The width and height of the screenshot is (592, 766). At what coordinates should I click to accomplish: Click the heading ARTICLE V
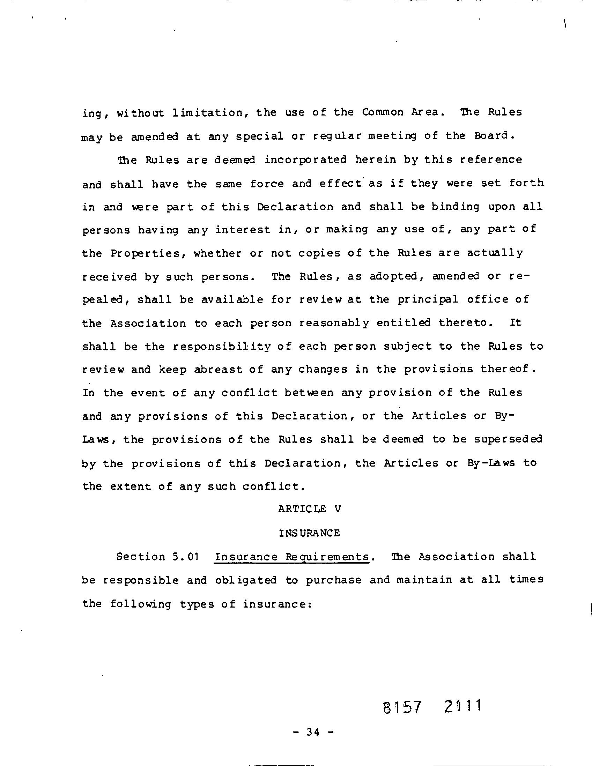click(309, 509)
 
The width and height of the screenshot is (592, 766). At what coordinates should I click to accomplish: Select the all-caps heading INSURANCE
click(309, 533)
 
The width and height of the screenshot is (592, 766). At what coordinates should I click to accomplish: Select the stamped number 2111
click(462, 707)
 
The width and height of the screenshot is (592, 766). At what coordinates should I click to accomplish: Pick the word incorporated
click(305, 160)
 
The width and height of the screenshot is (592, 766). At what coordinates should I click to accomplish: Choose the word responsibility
click(222, 347)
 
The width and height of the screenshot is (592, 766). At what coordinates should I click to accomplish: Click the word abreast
click(218, 370)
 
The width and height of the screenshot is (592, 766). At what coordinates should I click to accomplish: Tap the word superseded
click(508, 439)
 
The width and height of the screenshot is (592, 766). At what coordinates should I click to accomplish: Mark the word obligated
click(246, 580)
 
